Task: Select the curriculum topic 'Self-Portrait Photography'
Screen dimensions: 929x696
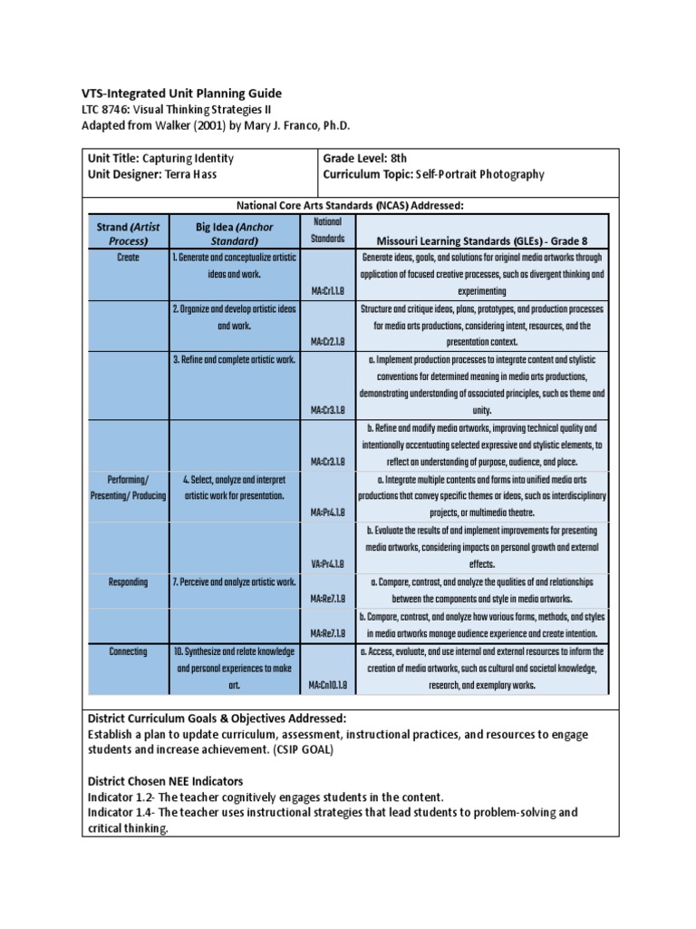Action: coord(479,173)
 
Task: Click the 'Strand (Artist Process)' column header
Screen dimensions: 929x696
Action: coord(126,233)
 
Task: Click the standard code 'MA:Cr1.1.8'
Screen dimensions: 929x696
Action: coord(327,290)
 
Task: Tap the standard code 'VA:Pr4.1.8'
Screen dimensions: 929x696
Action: coord(327,563)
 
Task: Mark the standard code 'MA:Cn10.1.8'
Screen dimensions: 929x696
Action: coord(327,686)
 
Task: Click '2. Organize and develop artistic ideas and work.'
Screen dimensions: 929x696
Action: coord(234,317)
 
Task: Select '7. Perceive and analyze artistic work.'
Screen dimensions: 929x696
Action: coord(234,582)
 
